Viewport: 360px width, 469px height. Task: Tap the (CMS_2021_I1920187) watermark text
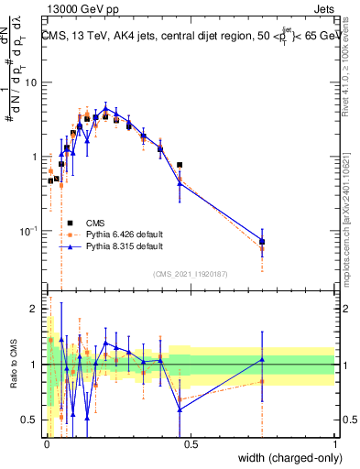pyautogui.click(x=191, y=275)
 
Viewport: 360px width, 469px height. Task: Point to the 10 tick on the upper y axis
pyautogui.click(x=34, y=82)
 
